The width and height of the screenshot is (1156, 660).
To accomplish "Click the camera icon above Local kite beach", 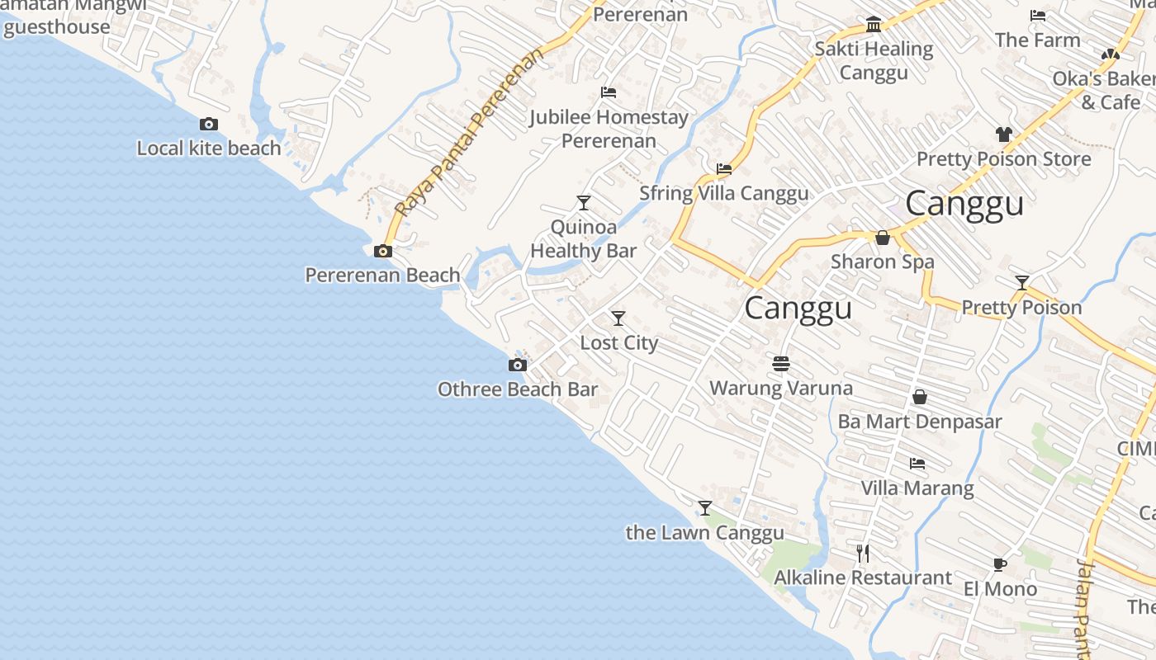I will pyautogui.click(x=209, y=124).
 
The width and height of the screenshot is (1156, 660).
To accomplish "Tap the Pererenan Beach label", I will pyautogui.click(x=382, y=275).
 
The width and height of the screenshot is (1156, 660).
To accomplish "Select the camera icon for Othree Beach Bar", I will pyautogui.click(x=517, y=365).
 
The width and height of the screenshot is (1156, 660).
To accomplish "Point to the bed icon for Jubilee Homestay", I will pyautogui.click(x=609, y=92).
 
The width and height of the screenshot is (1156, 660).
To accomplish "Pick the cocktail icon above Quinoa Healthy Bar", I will pyautogui.click(x=584, y=202).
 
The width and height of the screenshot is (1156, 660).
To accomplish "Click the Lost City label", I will pyautogui.click(x=618, y=342).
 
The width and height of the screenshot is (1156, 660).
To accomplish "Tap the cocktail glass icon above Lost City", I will pyautogui.click(x=618, y=318).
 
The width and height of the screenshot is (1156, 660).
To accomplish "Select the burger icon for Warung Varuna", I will pyautogui.click(x=781, y=363).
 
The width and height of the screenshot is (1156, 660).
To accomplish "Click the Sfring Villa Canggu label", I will pyautogui.click(x=723, y=193).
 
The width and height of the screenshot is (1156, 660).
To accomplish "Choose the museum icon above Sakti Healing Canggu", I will pyautogui.click(x=874, y=24).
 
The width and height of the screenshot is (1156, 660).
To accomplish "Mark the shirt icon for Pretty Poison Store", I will pyautogui.click(x=1003, y=134).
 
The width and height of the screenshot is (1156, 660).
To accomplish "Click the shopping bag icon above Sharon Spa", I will pyautogui.click(x=882, y=238).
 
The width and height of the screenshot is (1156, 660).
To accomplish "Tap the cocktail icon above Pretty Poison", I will pyautogui.click(x=1021, y=283).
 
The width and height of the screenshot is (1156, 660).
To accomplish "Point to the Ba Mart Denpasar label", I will pyautogui.click(x=919, y=422).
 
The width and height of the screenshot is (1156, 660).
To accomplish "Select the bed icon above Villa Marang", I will pyautogui.click(x=917, y=463).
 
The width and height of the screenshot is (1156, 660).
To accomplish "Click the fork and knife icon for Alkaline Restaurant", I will pyautogui.click(x=862, y=553).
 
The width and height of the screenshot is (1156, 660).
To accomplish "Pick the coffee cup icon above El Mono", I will pyautogui.click(x=999, y=564).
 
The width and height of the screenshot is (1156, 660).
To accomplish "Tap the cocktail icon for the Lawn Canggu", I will pyautogui.click(x=704, y=507).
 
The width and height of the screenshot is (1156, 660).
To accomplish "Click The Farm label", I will pyautogui.click(x=1037, y=40).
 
